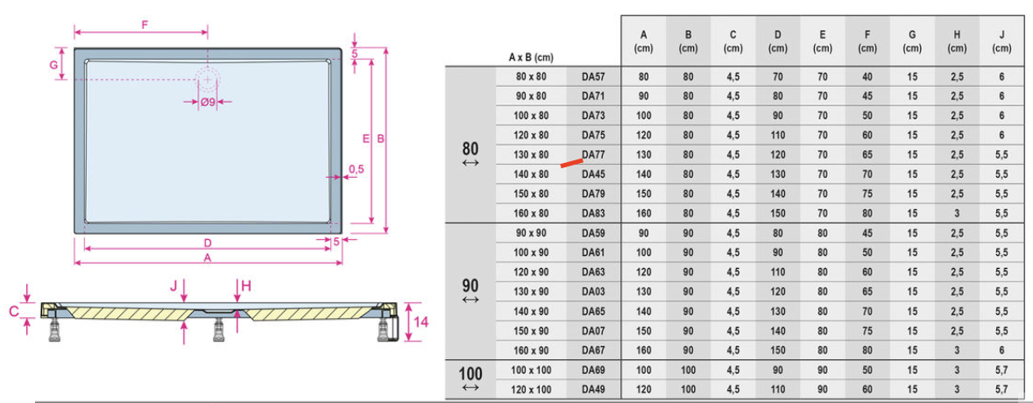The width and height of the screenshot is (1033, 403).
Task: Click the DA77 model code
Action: click(x=593, y=155)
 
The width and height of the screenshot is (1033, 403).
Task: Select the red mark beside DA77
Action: click(x=572, y=163)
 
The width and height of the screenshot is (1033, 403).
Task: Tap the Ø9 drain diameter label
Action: click(x=208, y=102)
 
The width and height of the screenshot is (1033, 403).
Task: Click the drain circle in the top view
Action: click(x=208, y=80)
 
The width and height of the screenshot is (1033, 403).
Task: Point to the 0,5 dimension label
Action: click(x=356, y=169)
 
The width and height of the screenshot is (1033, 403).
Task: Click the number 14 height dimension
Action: click(x=422, y=322)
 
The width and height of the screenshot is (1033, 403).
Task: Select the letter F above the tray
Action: click(x=145, y=25)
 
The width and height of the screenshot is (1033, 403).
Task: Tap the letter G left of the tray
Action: click(x=53, y=64)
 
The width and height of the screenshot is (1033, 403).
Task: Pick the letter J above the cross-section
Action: click(x=173, y=285)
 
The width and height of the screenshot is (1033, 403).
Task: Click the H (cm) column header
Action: click(x=957, y=41)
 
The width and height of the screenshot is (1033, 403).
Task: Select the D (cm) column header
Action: click(x=777, y=41)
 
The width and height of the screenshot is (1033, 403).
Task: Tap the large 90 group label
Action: click(x=471, y=287)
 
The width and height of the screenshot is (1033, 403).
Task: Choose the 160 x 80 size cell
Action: click(x=532, y=214)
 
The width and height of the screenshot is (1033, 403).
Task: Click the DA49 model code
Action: click(x=593, y=390)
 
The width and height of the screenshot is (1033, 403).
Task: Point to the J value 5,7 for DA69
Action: click(x=1001, y=370)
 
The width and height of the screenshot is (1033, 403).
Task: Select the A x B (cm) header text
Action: click(x=531, y=57)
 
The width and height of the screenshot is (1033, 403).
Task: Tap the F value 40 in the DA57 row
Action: click(x=867, y=76)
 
